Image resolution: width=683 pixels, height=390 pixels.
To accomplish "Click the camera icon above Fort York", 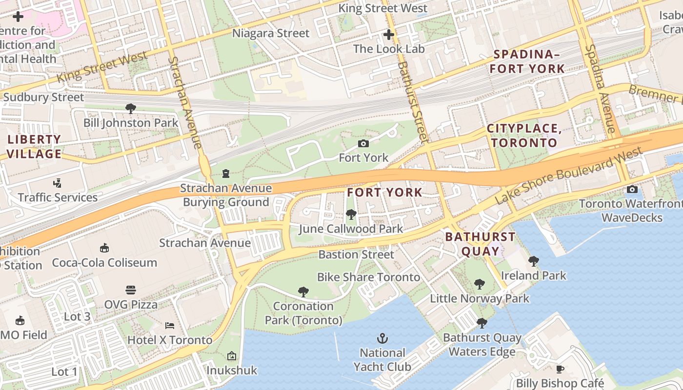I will pos(363,143).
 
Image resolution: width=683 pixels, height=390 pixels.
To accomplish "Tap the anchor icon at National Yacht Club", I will pos(382,338).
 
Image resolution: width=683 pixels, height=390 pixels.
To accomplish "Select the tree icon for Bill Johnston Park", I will pos(130,108).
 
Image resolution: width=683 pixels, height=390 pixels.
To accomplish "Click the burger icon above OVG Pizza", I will pos(130,290).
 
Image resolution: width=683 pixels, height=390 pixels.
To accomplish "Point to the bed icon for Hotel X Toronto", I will pos(169,325).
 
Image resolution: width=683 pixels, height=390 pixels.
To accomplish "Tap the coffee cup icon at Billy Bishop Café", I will pos(560,369).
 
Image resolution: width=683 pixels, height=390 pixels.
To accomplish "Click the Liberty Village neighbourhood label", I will pos(34,147).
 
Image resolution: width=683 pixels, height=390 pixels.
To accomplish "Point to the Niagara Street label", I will pos(271,33).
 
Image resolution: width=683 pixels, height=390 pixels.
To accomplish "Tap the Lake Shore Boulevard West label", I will pos(568,176).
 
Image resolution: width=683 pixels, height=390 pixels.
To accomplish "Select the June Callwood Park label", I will pos(351,229).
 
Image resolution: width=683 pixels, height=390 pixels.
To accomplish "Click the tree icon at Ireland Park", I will pos(533,261).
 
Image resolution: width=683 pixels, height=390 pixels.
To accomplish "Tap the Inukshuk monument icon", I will pos(231,356).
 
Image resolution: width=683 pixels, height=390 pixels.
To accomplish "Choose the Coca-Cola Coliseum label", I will pos(104,262).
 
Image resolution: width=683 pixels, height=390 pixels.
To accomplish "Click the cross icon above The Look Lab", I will pos(388,35).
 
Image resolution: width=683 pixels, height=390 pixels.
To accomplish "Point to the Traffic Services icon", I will pos(58,183).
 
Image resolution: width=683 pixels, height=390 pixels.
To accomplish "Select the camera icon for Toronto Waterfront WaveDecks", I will pos(632,189).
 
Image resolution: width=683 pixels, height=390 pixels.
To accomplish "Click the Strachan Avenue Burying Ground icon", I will pos(225,173).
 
